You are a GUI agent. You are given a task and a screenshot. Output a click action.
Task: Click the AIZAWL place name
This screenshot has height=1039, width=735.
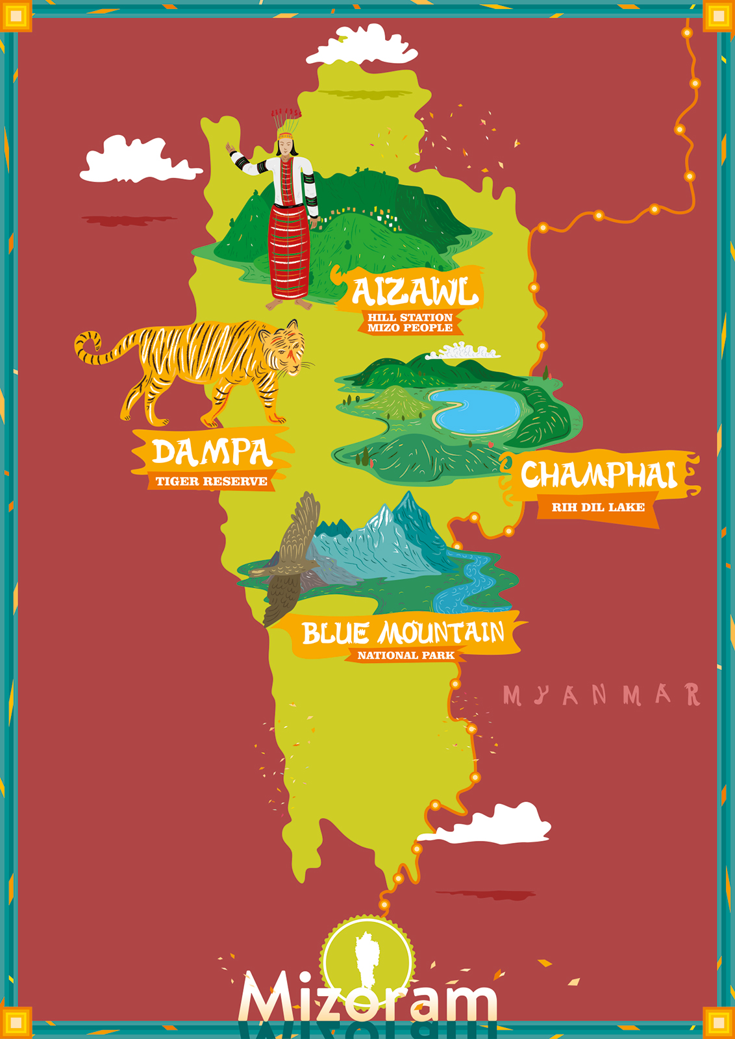coord(414,292)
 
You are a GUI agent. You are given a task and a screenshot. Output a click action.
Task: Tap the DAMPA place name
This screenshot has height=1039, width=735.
coord(212,452)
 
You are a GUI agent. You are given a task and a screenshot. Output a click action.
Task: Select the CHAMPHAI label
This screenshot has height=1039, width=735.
coord(599,475)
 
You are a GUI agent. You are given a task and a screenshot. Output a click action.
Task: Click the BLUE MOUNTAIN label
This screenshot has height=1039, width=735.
coord(403,632)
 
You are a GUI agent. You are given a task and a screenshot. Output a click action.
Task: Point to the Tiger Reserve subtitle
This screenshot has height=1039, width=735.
coord(211,481)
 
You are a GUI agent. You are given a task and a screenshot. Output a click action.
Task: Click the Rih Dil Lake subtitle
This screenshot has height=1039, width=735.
coord(598,507)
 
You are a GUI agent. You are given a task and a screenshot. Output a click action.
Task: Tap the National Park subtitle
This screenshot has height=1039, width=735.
coord(406,655)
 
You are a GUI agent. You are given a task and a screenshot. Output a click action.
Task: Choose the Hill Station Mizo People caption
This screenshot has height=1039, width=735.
coord(410,322)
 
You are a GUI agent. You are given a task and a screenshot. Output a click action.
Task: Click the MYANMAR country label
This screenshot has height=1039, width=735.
coord(601,695)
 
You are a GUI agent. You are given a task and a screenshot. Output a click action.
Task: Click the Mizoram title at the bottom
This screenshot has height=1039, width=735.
coord(367,997)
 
